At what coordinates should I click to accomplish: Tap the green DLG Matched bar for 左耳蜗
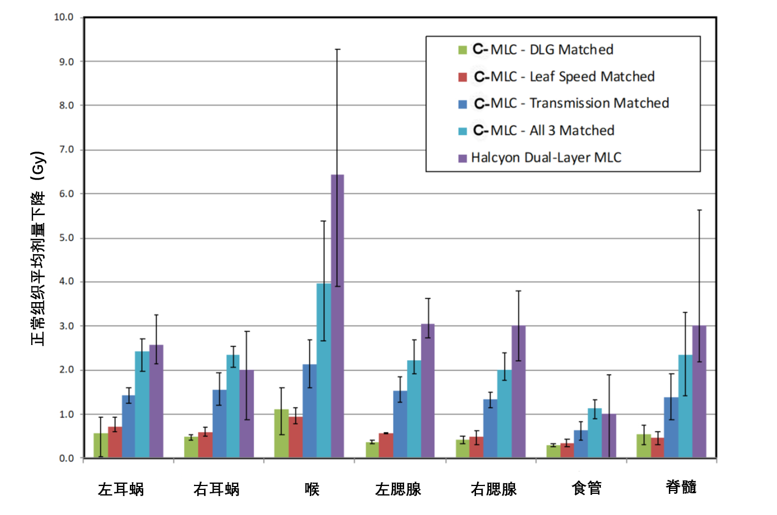coord(100,446)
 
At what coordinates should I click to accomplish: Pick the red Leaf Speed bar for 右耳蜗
coord(205,445)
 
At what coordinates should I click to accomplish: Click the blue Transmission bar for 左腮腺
coord(400,424)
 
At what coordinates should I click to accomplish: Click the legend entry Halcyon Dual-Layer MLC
coord(546,158)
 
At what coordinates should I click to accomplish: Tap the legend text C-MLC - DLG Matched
coord(543,50)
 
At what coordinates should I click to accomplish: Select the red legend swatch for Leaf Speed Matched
coord(463,77)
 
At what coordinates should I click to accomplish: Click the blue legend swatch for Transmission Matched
coord(463,104)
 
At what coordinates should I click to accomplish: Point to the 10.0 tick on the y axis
coord(64,17)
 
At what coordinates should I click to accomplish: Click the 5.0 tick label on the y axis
coord(66,238)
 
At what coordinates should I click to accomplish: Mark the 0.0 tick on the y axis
coord(66,458)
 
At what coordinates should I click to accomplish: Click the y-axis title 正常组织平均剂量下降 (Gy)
coord(38,248)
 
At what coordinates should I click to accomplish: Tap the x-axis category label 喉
coord(312,489)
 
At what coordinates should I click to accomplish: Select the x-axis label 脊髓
coord(681,487)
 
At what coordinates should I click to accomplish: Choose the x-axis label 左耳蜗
coord(120,489)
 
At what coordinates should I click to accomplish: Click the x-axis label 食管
coord(586,488)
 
